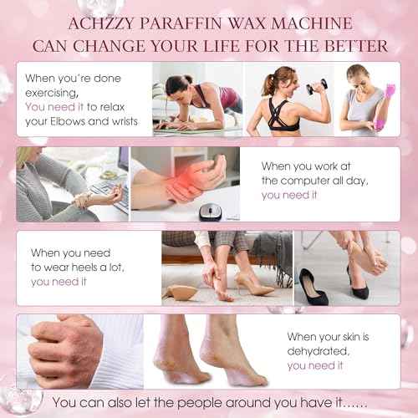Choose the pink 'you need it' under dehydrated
click(x=316, y=365)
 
